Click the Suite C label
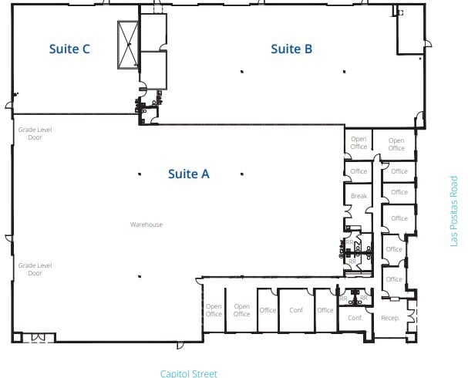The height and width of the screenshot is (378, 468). tap(69, 49)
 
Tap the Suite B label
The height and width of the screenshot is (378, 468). tap(291, 49)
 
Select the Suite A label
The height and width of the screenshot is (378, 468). tap(188, 174)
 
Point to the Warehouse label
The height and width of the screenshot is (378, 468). tap(146, 224)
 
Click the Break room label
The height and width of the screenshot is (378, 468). tap(359, 196)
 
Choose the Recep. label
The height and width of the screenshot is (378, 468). tap(389, 317)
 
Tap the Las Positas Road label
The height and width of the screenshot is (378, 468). tap(454, 211)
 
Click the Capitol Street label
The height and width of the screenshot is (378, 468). tap(189, 373)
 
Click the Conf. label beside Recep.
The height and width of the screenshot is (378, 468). tap(355, 318)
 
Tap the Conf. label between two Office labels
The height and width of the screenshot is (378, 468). tap(296, 310)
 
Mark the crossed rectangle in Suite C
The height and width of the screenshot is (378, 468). tap(126, 44)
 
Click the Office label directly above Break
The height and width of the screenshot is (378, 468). tap(359, 171)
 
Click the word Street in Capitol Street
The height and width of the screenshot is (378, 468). tap(204, 373)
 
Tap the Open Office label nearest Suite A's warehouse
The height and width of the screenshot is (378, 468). tap(214, 310)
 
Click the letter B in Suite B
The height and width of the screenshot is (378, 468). tap(308, 49)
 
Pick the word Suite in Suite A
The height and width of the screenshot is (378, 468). tap(179, 174)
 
